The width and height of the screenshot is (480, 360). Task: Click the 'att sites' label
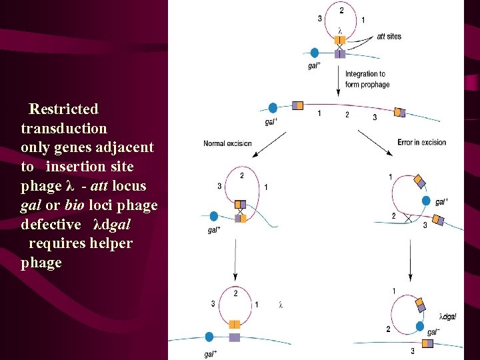coord(389,36)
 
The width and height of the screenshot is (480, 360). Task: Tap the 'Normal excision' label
coord(227,143)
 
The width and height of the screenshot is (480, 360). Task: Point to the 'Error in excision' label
coord(421,143)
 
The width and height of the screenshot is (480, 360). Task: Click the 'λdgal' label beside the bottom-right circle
coord(448,316)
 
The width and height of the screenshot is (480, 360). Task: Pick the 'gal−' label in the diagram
coord(433,331)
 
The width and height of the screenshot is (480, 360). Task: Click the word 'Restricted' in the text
coord(64,109)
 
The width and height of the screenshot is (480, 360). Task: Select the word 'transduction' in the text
coord(64,127)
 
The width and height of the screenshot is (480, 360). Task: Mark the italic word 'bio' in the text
coord(74,205)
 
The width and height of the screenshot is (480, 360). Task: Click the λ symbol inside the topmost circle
coord(340,30)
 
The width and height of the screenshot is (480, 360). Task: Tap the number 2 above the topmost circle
coord(342,11)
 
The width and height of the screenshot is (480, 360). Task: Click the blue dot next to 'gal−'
coord(419,329)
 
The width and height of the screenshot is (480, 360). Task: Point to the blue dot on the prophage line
coord(273,108)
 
